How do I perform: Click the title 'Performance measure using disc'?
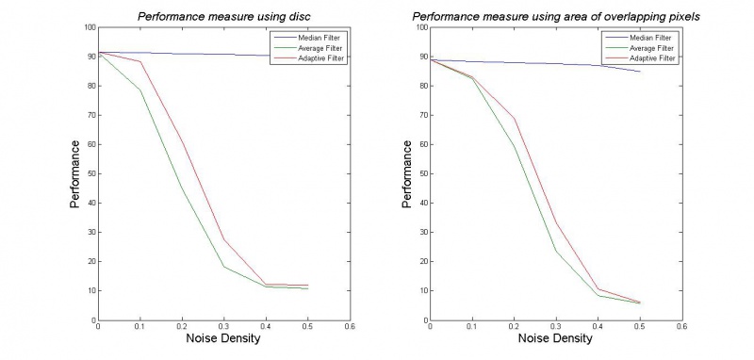click(x=224, y=15)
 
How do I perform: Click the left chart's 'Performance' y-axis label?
click(x=74, y=173)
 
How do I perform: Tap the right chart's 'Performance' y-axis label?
click(x=407, y=173)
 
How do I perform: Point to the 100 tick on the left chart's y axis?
click(x=90, y=27)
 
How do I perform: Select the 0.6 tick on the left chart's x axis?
click(x=351, y=328)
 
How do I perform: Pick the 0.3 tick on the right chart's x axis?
click(x=556, y=328)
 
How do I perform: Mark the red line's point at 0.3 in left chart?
click(x=224, y=239)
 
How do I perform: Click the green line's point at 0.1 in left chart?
click(x=140, y=90)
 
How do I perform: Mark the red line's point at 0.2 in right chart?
click(x=514, y=118)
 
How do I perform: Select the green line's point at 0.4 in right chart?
click(x=598, y=296)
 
